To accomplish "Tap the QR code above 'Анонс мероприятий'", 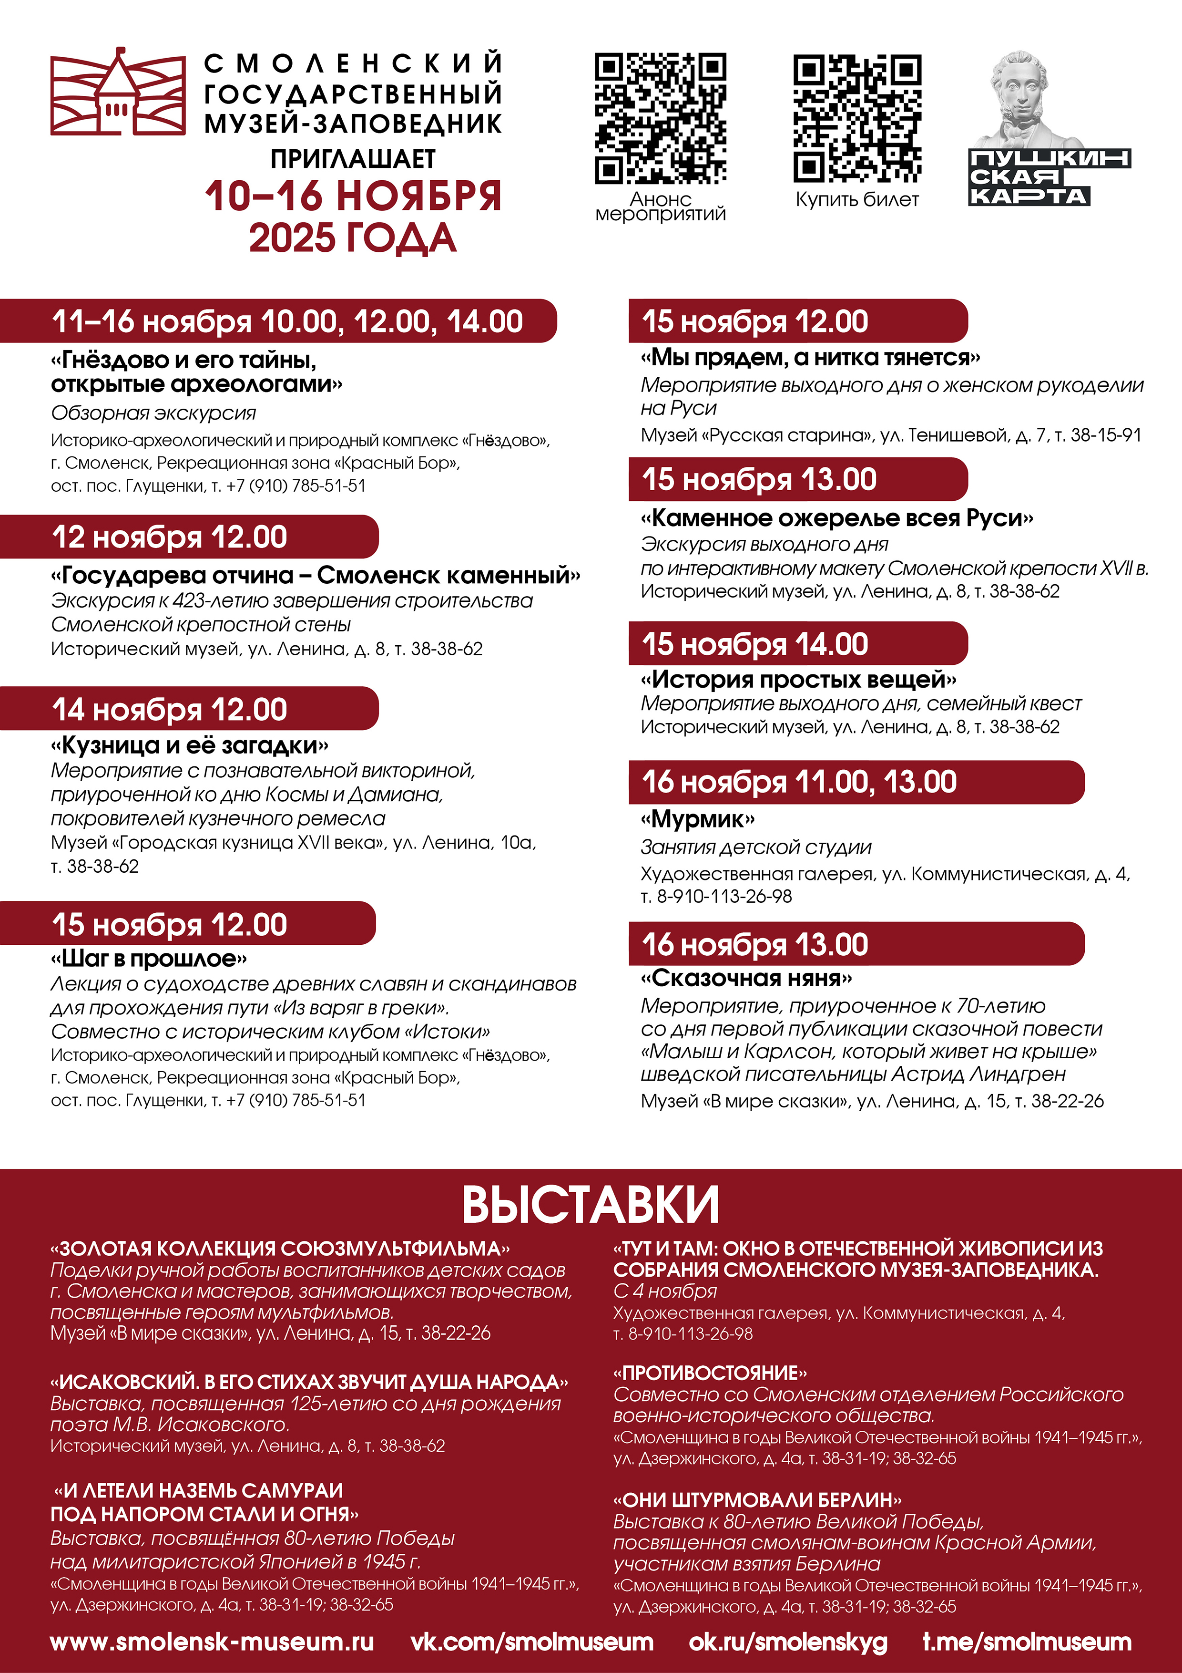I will pyautogui.click(x=660, y=118).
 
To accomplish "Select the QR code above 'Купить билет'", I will pyautogui.click(x=857, y=118).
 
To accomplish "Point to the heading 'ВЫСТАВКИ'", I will pyautogui.click(x=591, y=1205).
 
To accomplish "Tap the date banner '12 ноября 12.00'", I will pyautogui.click(x=170, y=537).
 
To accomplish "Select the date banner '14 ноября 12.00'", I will pyautogui.click(x=170, y=709).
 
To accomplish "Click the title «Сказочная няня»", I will pyautogui.click(x=746, y=978).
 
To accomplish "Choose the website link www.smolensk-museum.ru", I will pyautogui.click(x=212, y=1642).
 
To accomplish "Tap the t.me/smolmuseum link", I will pyautogui.click(x=1027, y=1642).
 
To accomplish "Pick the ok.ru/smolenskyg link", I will pyautogui.click(x=788, y=1642).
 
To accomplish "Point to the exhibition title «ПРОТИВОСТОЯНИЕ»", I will pyautogui.click(x=710, y=1373).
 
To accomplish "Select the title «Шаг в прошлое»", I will pyautogui.click(x=149, y=958).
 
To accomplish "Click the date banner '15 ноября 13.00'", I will pyautogui.click(x=759, y=479).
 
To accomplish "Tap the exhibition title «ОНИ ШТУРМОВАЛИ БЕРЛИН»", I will pyautogui.click(x=757, y=1499).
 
